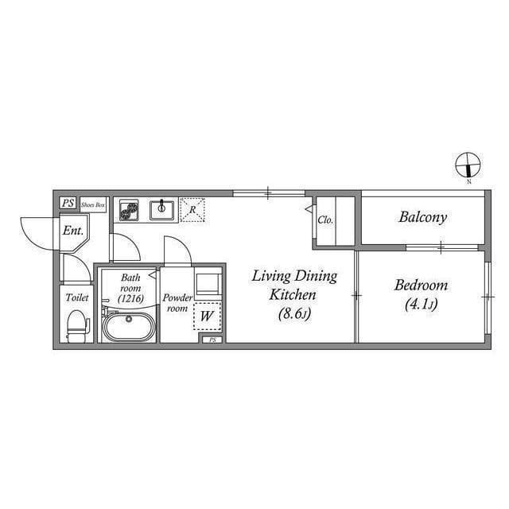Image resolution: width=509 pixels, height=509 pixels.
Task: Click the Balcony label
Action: [x=422, y=217]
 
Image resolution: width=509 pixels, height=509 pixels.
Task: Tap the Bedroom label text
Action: [x=421, y=286]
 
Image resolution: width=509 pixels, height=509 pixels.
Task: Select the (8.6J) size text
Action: [x=295, y=313]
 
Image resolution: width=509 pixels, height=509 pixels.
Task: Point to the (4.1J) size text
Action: [x=422, y=304]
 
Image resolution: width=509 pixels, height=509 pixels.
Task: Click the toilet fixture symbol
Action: [x=78, y=325]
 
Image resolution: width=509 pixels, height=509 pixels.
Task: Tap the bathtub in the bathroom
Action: [x=129, y=326]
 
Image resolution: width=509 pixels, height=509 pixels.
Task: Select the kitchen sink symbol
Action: [x=161, y=210]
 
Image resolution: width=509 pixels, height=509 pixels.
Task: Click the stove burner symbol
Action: [x=129, y=210]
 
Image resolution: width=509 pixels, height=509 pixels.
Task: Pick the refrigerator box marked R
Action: [x=192, y=210]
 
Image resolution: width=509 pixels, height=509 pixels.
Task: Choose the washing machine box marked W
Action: [x=207, y=316]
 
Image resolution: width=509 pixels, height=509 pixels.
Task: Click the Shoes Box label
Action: [x=93, y=205]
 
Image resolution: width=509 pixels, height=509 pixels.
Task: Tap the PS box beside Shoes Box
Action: [x=68, y=204]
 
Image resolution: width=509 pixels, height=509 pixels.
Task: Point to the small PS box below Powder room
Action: [x=212, y=340]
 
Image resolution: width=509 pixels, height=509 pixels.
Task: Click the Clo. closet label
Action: [x=325, y=220]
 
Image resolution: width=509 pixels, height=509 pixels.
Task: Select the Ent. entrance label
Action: [x=73, y=231]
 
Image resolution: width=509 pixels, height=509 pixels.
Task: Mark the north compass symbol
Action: [x=468, y=165]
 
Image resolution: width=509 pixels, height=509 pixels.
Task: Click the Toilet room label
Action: [x=77, y=297]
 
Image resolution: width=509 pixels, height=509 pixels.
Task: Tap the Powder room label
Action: [x=177, y=303]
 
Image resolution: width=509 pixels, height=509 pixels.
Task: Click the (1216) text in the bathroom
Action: [x=130, y=299]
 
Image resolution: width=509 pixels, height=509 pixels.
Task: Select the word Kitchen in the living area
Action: [x=293, y=295]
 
